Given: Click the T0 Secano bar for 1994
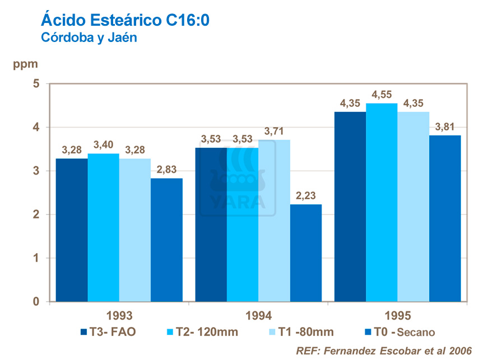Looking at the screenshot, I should (x=306, y=253).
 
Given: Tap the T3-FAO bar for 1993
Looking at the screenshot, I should (x=72, y=230).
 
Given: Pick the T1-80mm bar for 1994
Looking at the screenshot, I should (x=275, y=221).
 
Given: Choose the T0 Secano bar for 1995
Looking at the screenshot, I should (x=445, y=218).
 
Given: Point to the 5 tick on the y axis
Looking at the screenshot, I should (x=36, y=84).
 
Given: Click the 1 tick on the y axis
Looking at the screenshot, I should (x=36, y=258).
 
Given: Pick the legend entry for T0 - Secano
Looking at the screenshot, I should (x=399, y=331).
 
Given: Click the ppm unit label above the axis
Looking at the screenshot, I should (x=26, y=64).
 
